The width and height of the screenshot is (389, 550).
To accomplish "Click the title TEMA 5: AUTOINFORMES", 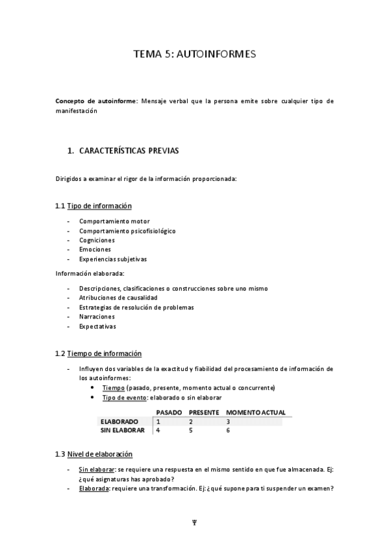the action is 194,54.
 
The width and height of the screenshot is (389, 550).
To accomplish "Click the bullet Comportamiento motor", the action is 114,221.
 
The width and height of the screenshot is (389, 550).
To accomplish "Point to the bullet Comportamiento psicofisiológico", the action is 127,230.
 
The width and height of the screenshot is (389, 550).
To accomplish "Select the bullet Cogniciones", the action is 97,240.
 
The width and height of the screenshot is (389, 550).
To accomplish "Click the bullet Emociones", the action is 95,249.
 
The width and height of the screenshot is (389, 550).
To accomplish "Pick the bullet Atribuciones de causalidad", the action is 118,298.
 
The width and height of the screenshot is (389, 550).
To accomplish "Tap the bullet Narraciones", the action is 97,317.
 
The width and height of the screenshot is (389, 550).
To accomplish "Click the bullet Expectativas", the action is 97,326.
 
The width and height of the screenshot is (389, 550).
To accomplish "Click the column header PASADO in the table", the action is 169,412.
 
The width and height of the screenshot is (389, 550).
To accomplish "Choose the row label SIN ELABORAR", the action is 122,429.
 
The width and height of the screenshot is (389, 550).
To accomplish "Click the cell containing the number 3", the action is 228,421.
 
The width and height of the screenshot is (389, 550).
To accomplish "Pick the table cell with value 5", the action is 191,429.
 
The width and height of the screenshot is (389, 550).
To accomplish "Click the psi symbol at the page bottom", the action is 194,523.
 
